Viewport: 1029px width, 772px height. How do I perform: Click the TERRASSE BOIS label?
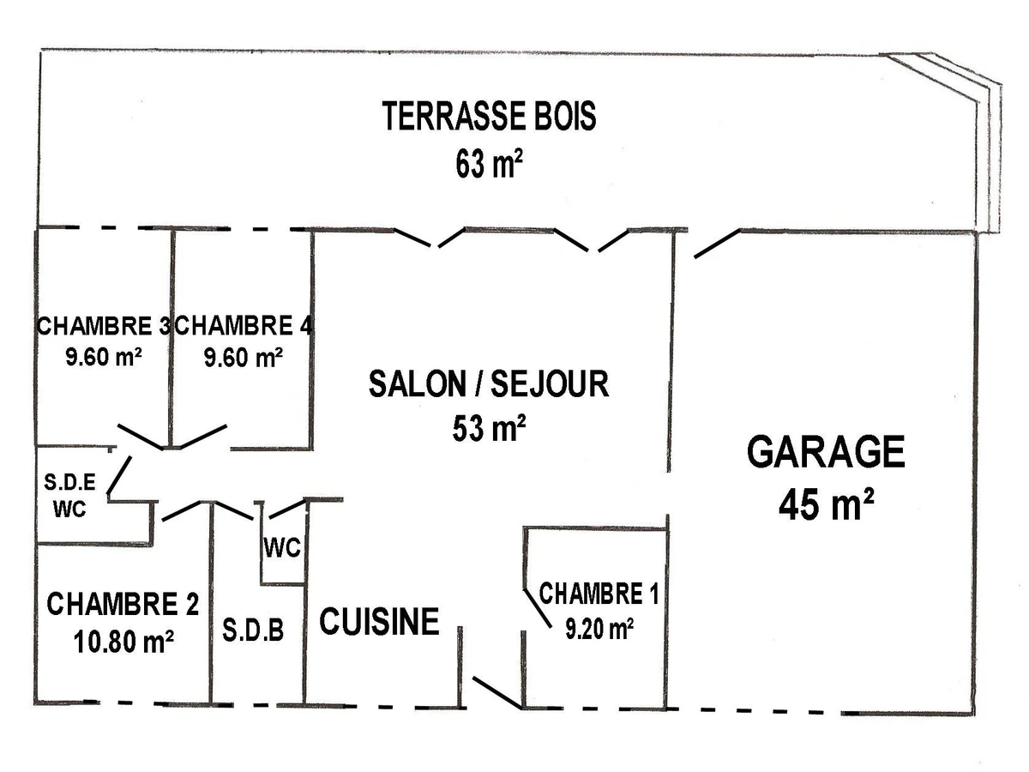point(489,117)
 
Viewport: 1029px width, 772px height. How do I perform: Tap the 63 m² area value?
point(489,163)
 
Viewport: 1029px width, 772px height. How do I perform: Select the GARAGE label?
point(826,452)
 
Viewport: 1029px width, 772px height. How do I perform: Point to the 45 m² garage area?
point(826,505)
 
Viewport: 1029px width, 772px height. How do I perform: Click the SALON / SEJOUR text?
point(489,383)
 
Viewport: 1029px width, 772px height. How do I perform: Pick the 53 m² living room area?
point(489,428)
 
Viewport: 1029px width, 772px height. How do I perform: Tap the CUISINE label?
point(379,621)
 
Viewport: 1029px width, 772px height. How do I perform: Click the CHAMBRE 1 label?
point(599,594)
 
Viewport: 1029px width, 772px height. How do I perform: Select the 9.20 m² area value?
point(599,630)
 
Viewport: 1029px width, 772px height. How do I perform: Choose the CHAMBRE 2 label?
point(123,605)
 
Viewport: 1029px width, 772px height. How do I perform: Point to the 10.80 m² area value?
point(123,641)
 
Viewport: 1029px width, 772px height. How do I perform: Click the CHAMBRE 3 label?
point(103,326)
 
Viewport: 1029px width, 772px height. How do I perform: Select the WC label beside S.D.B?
point(283,548)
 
